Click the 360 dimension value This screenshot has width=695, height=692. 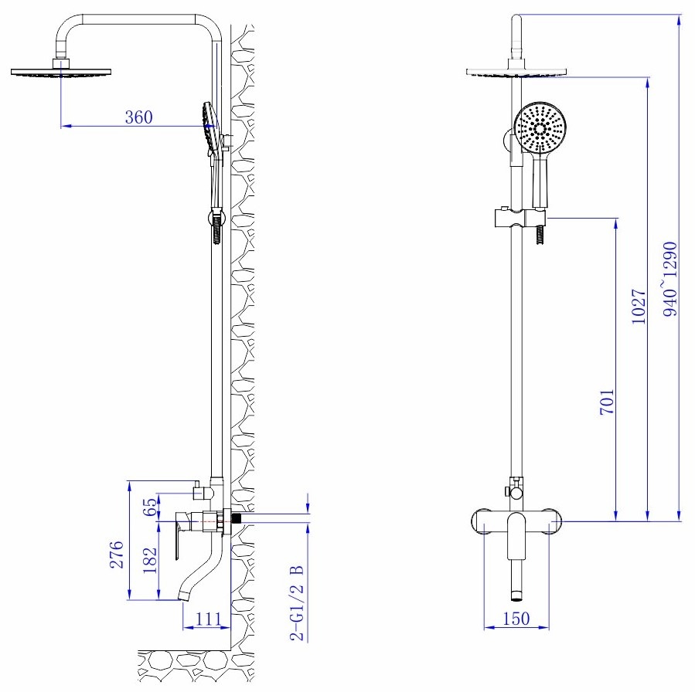click(x=140, y=117)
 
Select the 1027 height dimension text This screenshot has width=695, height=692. click(x=639, y=307)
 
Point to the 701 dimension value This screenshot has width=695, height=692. click(x=607, y=402)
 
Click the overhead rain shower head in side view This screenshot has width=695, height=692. click(x=60, y=71)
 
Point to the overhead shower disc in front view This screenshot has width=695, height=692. click(x=517, y=72)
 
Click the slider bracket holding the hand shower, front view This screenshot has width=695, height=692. click(x=516, y=219)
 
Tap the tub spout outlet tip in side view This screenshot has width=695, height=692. click(x=186, y=595)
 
